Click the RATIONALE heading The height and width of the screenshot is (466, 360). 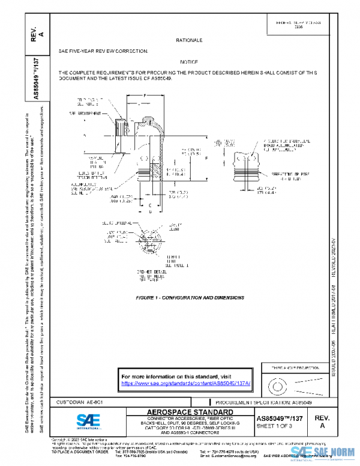(x=189, y=40)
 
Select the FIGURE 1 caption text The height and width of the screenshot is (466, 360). (x=190, y=298)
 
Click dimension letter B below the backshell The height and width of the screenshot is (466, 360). (x=149, y=211)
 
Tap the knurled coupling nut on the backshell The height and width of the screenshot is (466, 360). (x=121, y=129)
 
